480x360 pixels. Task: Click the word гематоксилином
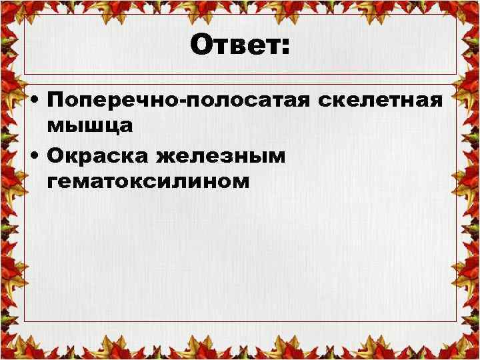pos(149,181)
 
